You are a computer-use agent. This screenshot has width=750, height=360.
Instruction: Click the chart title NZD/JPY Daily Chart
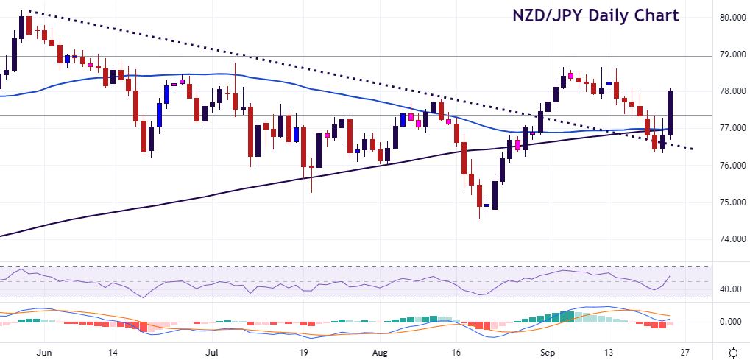tap(596, 15)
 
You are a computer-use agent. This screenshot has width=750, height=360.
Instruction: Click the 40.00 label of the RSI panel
tap(730, 289)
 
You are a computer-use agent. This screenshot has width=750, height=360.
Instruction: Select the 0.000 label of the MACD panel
tap(732, 322)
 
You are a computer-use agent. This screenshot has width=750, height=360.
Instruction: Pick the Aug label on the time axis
tap(380, 351)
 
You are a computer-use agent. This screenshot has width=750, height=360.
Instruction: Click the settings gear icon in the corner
tap(733, 351)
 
